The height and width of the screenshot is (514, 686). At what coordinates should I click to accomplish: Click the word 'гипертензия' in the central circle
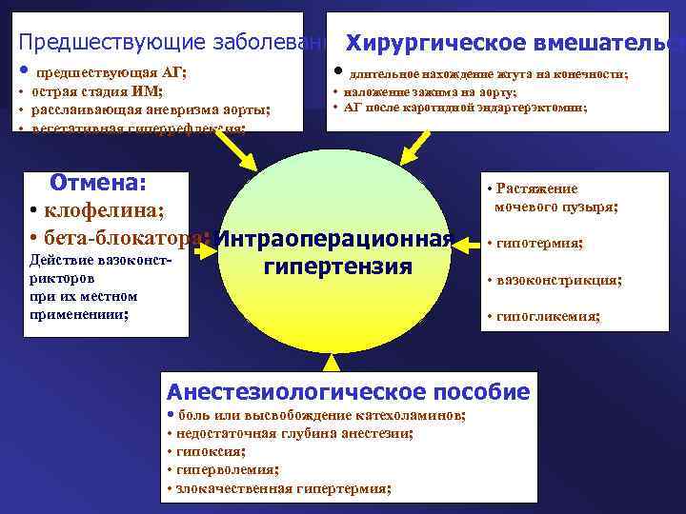point(338,266)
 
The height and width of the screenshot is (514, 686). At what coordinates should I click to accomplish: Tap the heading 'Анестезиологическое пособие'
point(348,391)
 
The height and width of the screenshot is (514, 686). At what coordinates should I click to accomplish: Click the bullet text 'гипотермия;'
point(538,243)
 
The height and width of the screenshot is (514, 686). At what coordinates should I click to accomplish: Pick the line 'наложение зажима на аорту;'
point(430,92)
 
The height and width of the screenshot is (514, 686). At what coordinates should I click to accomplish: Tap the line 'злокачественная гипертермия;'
point(281,487)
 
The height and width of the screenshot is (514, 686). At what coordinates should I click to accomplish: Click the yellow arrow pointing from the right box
point(466,245)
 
